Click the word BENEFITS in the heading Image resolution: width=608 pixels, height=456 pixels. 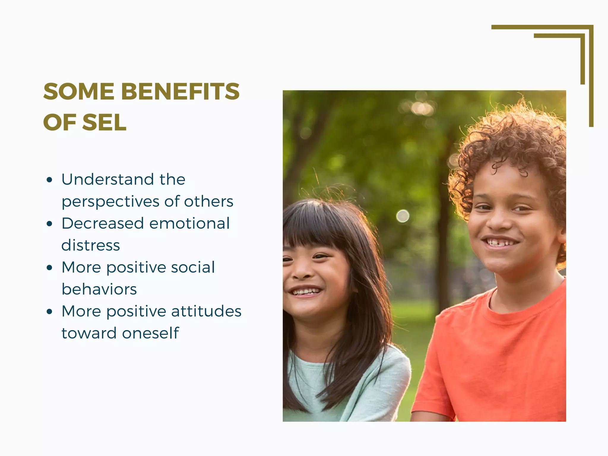[x=180, y=91]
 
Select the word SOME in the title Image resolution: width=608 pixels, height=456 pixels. [x=79, y=91]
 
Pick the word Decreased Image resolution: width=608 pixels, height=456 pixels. [x=103, y=223]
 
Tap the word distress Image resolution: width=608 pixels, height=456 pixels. [x=91, y=246]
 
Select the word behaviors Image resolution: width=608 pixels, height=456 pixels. [x=99, y=289]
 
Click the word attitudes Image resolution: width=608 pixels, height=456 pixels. [x=206, y=311]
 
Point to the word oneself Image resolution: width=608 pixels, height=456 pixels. [x=151, y=333]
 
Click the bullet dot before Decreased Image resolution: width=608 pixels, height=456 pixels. [x=50, y=224]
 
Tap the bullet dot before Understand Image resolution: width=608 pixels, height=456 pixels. [x=50, y=180]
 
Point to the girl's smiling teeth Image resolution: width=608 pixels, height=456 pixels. [x=305, y=291]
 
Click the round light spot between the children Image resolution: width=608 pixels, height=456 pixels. [x=403, y=216]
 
